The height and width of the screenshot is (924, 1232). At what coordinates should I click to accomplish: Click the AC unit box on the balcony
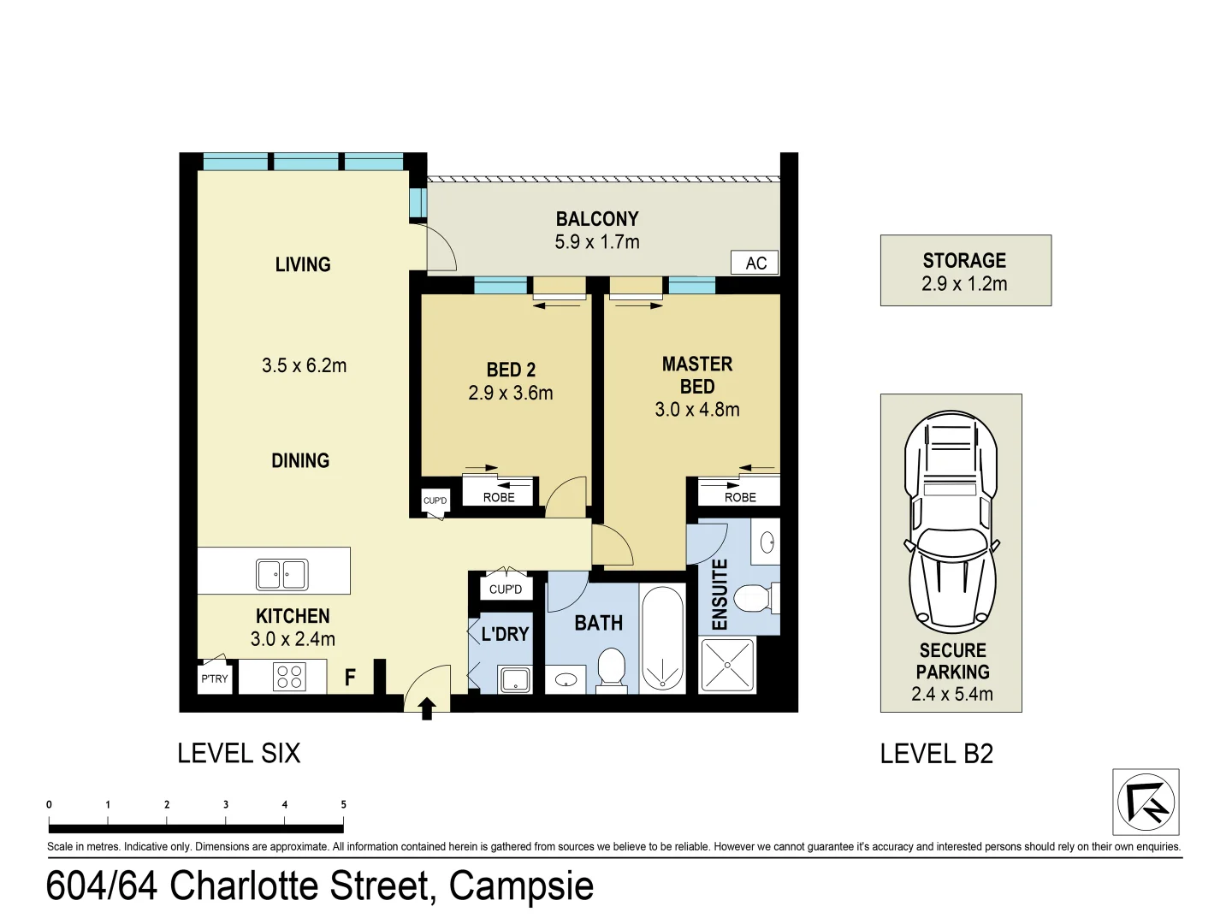[x=755, y=263]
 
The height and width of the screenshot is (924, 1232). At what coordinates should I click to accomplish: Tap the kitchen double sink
[x=281, y=574]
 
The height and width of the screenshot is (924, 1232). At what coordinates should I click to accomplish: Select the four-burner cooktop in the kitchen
[x=289, y=677]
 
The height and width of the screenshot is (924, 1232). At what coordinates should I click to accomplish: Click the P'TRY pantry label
[x=215, y=678]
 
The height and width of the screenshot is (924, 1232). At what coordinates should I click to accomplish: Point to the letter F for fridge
[x=350, y=678]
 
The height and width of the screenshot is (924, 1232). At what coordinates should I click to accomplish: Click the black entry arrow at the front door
[x=426, y=708]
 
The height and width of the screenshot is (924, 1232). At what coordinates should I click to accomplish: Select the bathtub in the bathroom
[x=662, y=637]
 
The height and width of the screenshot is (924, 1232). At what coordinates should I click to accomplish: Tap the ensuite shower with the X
[x=727, y=665]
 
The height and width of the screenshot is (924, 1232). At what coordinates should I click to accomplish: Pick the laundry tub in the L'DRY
[x=515, y=680]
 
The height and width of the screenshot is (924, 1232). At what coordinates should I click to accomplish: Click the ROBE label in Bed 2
[x=499, y=497]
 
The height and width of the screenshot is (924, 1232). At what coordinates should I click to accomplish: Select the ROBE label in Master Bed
[x=740, y=497]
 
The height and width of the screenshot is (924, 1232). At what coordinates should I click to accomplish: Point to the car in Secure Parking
[x=951, y=522]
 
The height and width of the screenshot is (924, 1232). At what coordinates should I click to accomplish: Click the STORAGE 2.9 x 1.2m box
[x=965, y=270]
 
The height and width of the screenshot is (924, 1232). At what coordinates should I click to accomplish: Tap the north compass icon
[x=1146, y=802]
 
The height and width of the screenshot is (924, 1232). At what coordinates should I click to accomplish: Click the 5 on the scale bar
[x=344, y=804]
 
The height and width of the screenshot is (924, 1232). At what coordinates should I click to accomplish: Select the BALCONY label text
[x=597, y=219]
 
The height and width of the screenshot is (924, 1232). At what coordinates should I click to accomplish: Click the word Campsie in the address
[x=521, y=885]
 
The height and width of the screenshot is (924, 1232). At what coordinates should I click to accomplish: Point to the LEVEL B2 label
[x=937, y=754]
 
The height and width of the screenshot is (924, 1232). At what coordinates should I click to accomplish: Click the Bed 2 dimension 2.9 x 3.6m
[x=511, y=393]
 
